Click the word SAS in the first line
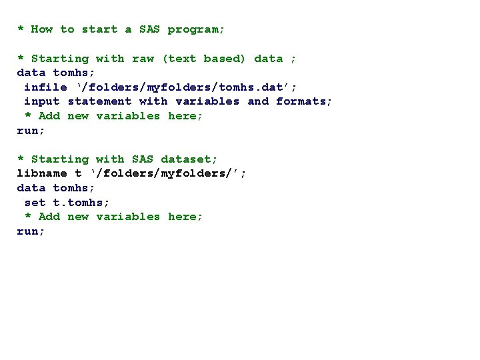click(x=149, y=29)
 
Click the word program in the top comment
click(x=196, y=29)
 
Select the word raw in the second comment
click(x=143, y=59)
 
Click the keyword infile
click(x=45, y=87)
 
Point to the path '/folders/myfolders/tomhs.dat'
click(x=186, y=87)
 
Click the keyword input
click(x=41, y=101)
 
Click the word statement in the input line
click(x=99, y=101)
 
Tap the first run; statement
click(x=31, y=131)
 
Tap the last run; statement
click(x=31, y=231)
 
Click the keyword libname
click(x=41, y=173)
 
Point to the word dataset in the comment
click(x=189, y=159)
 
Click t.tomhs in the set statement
click(x=81, y=203)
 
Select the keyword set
click(x=35, y=203)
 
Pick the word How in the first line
click(x=41, y=29)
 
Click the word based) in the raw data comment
click(x=225, y=59)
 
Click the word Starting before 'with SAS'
click(x=59, y=159)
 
